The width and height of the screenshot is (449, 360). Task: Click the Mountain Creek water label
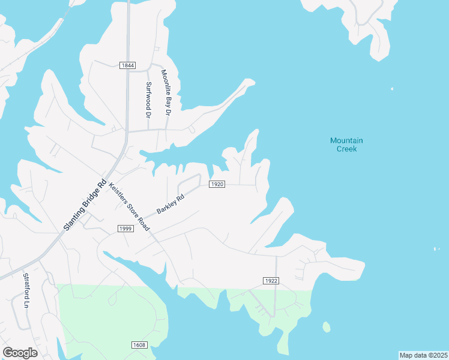point(346,145)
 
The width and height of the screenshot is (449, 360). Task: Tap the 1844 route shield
point(127,65)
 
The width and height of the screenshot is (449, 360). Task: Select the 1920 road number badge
point(217,184)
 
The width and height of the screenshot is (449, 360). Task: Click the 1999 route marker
point(125,229)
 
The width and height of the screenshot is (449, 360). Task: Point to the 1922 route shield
point(271,281)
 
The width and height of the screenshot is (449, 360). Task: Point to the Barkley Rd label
point(169,203)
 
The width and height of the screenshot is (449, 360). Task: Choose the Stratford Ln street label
point(26,290)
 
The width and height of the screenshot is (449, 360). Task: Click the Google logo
point(20,353)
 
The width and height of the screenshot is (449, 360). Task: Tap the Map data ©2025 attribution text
point(423,355)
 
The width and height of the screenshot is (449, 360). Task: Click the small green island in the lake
point(326,327)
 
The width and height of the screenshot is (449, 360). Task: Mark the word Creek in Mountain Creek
point(346,149)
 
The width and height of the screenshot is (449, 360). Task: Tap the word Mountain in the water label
point(346,140)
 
